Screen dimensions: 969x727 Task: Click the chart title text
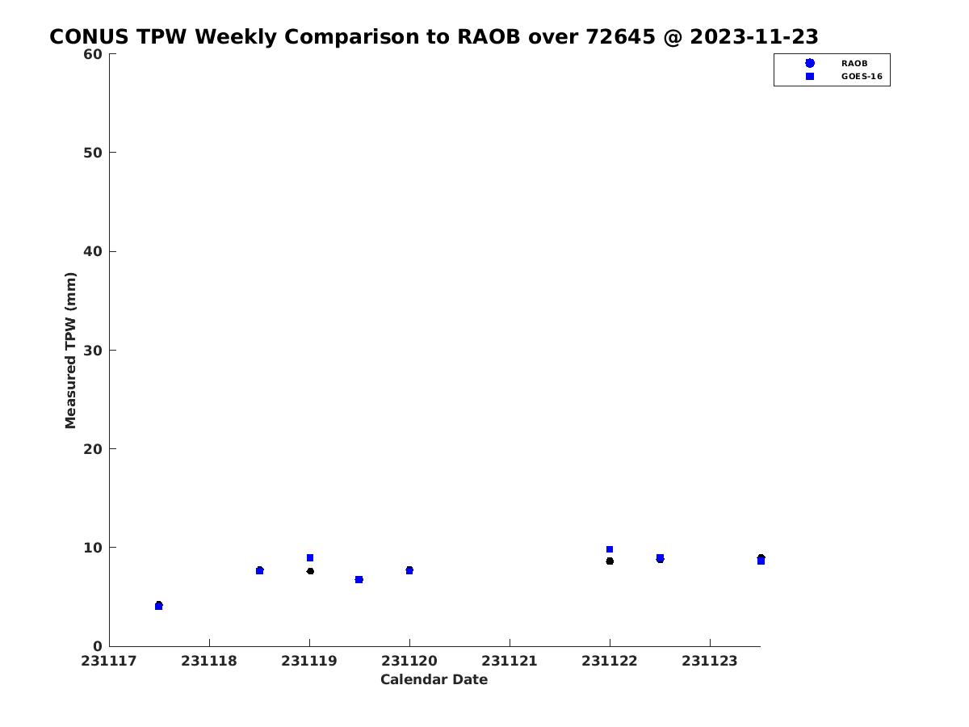[x=434, y=36]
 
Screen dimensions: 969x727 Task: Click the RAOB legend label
[x=854, y=64]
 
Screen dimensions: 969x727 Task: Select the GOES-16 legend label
[x=862, y=77]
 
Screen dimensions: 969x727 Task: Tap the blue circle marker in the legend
[x=810, y=63]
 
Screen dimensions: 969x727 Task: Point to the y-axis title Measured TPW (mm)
[x=70, y=350]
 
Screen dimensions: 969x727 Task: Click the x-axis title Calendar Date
[x=434, y=679]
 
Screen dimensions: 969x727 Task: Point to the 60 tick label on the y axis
[x=93, y=54]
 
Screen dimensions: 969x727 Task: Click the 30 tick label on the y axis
[x=93, y=351]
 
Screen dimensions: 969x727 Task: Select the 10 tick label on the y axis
[x=93, y=548]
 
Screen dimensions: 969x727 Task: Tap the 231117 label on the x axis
[x=109, y=661]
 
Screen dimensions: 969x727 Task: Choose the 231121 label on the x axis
[x=510, y=661]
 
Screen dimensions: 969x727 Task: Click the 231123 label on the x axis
[x=710, y=661]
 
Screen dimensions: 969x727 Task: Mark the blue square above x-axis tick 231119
[x=310, y=558]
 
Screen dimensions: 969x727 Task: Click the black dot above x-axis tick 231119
[x=310, y=571]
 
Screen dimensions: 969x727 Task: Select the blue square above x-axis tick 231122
[x=610, y=549]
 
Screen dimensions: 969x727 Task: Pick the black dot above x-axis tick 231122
[x=610, y=561]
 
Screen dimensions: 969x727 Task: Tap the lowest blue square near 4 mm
[x=159, y=607]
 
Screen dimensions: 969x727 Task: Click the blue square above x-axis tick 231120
[x=409, y=571]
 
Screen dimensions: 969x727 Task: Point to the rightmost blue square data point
[x=761, y=561]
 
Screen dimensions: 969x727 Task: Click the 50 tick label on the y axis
[x=93, y=153]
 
